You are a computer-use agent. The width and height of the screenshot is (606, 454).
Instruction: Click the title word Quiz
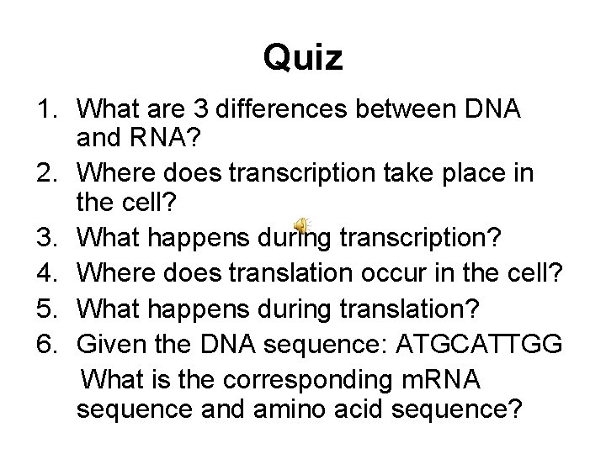pos(302,58)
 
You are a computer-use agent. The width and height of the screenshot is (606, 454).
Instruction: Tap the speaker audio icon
pos(301,223)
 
